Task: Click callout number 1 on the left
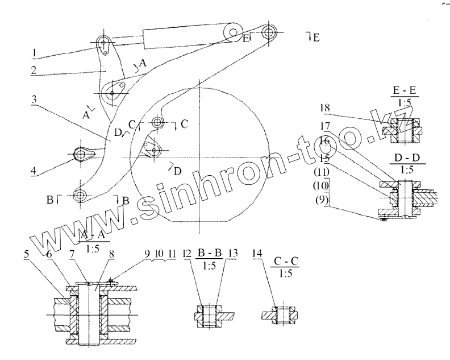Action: coord(35,53)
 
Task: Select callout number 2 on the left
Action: coord(35,71)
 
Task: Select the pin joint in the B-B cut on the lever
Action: coord(81,195)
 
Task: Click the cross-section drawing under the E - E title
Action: coord(401,130)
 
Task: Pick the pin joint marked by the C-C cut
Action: coord(159,122)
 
